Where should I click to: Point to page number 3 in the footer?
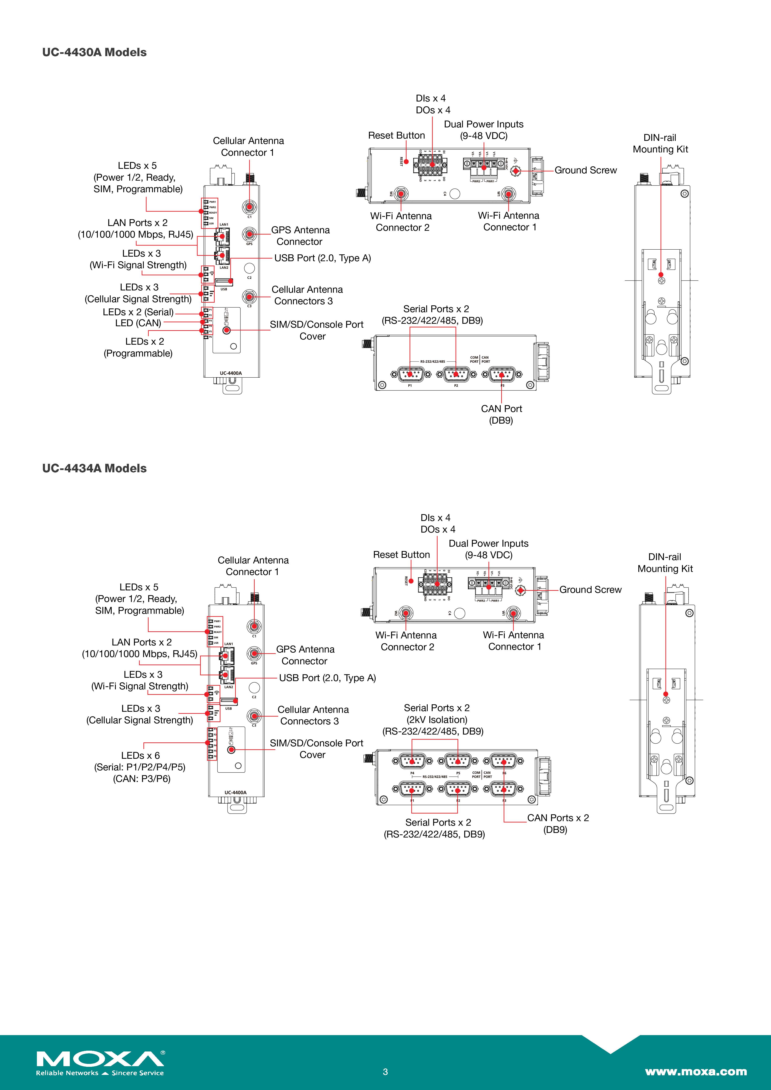pos(385,1072)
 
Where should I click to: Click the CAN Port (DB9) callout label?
pos(501,414)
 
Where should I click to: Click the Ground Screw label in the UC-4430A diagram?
pos(585,170)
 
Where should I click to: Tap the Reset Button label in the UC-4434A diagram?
pos(401,555)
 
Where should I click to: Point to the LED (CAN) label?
pos(138,323)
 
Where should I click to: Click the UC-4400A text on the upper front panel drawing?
pos(231,373)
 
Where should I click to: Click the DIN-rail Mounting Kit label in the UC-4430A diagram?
pos(660,143)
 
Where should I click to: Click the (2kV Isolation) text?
pos(437,720)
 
